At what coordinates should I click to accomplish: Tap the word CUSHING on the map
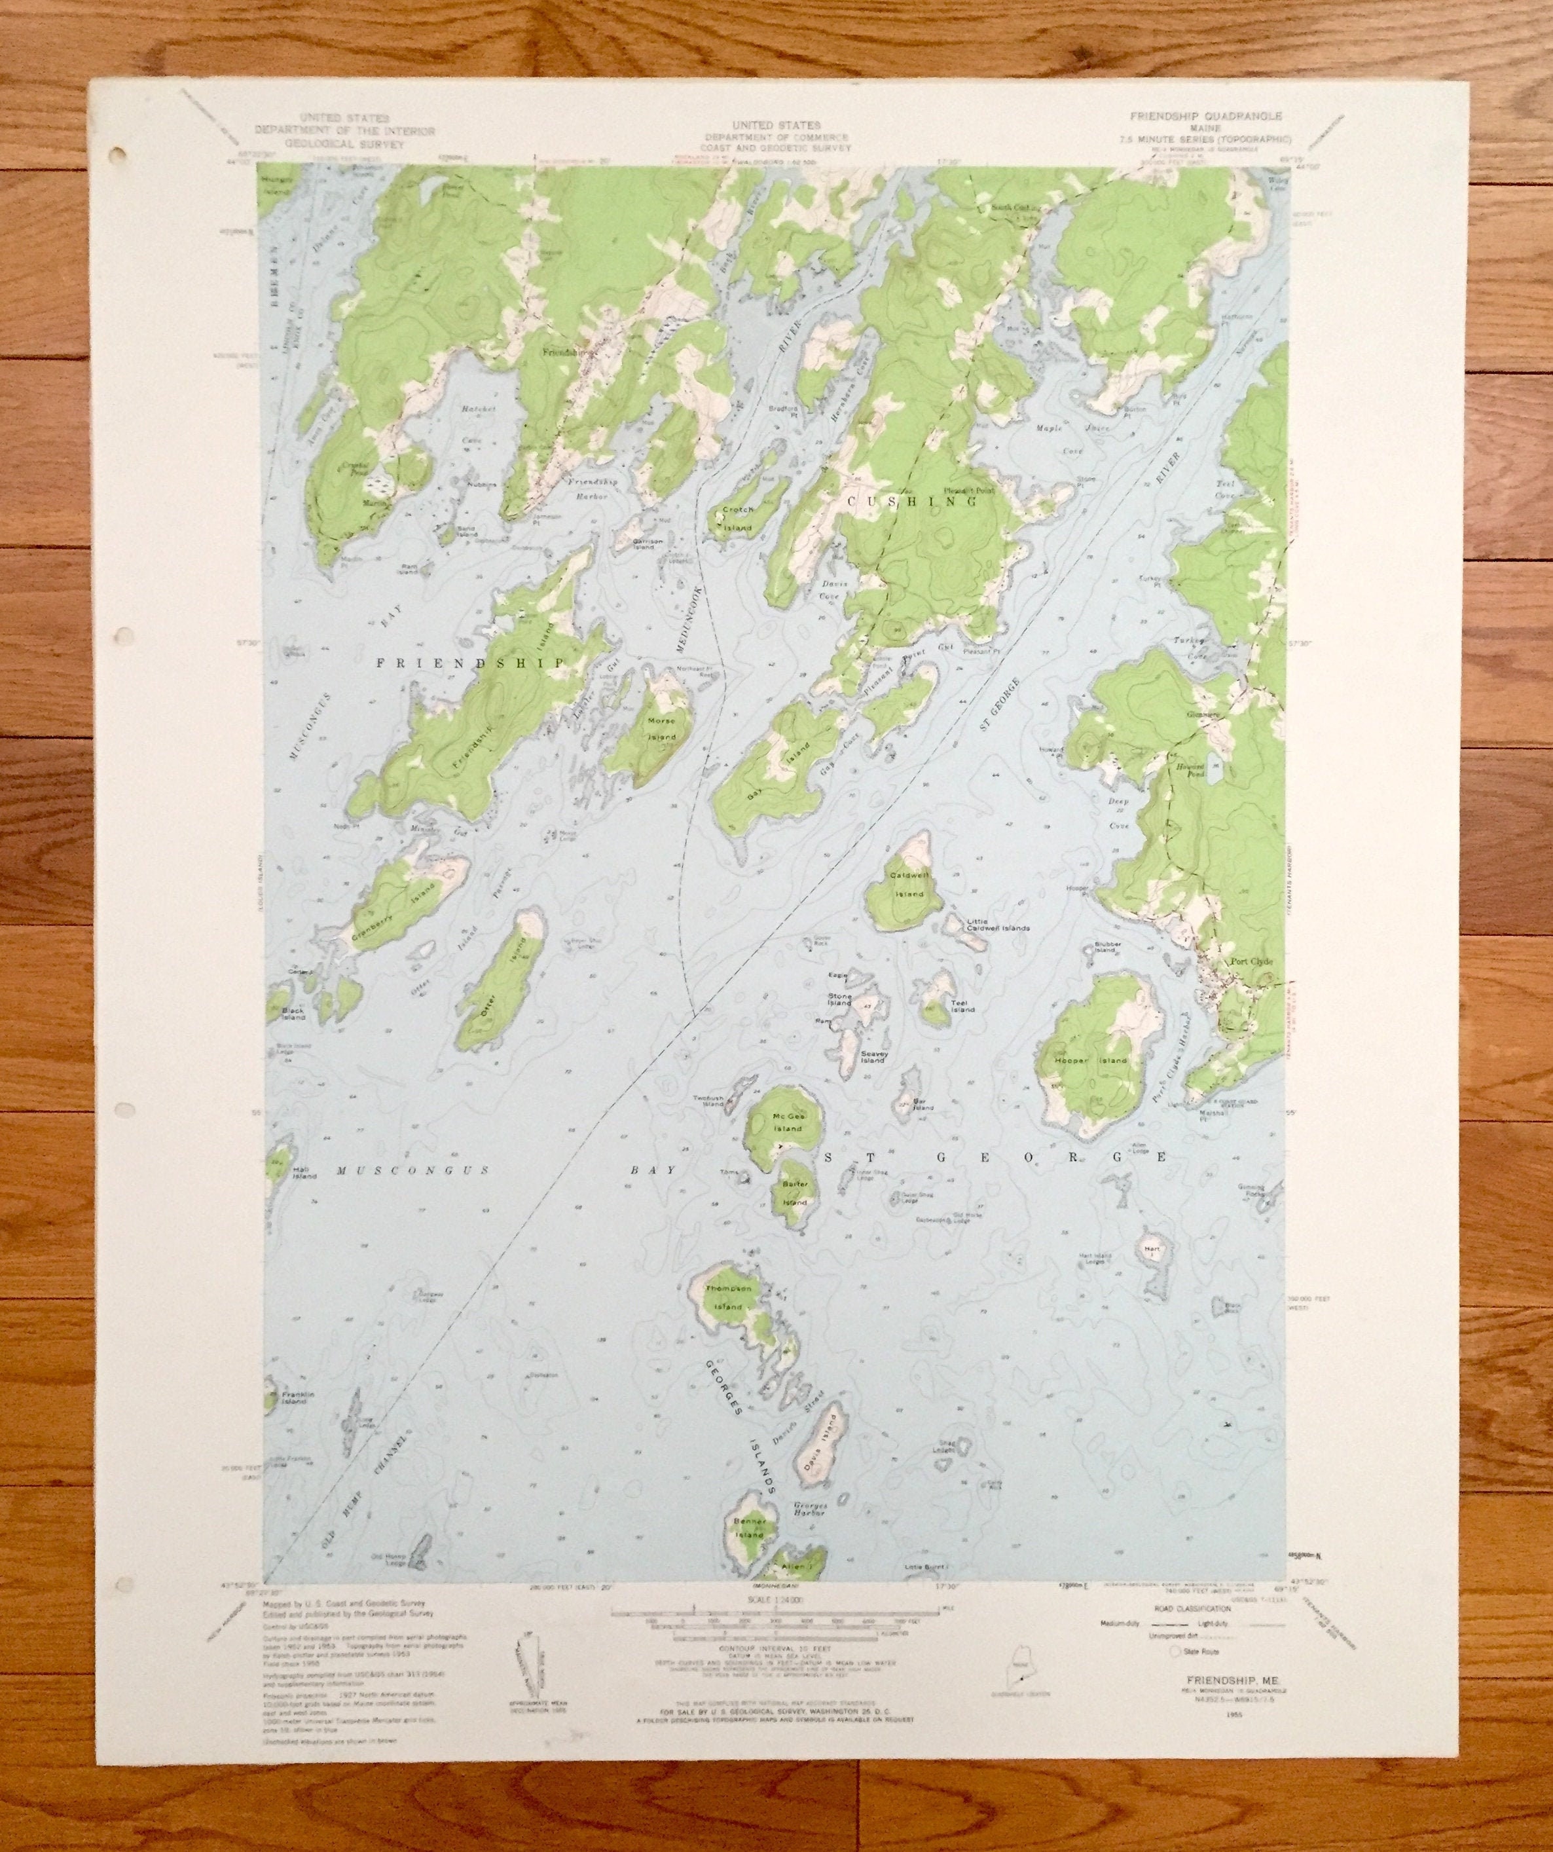[x=913, y=501]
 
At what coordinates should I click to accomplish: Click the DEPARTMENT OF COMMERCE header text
[x=775, y=138]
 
